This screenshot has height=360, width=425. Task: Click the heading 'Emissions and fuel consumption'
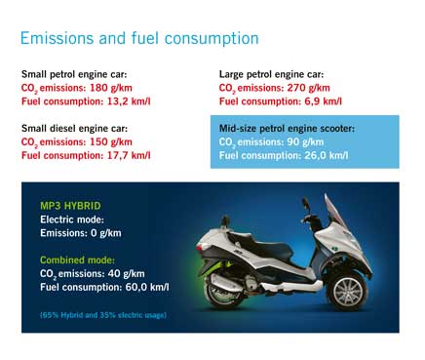pyautogui.click(x=139, y=39)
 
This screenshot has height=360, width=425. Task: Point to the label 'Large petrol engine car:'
pyautogui.click(x=270, y=74)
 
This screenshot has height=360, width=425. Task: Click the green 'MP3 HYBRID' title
pyautogui.click(x=67, y=207)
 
